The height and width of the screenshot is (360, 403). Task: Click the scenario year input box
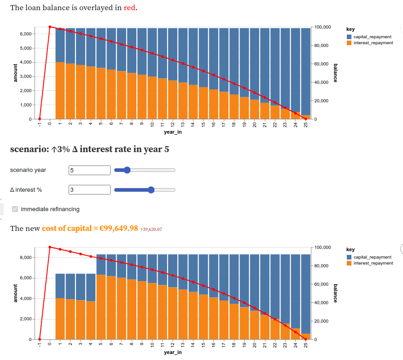tap(89, 170)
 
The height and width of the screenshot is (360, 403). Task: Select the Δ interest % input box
tap(89, 189)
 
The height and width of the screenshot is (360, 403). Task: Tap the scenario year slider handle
tap(128, 170)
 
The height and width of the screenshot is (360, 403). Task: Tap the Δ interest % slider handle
tap(151, 189)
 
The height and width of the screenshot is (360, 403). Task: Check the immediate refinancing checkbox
tap(15, 209)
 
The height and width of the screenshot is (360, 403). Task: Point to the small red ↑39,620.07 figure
tap(151, 229)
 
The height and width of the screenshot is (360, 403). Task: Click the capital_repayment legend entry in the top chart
tap(372, 36)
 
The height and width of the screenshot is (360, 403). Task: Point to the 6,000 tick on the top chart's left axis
tap(24, 34)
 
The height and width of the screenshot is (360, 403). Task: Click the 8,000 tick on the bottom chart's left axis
tap(24, 257)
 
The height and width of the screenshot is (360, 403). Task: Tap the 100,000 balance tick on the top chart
tap(321, 27)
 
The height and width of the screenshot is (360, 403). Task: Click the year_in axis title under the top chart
tap(173, 132)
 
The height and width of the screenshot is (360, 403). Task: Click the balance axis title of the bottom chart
tap(335, 293)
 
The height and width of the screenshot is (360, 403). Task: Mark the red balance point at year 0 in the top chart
tap(50, 27)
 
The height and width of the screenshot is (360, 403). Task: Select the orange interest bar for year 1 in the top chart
tap(60, 90)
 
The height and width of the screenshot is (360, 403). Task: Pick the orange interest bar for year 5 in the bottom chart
tap(101, 307)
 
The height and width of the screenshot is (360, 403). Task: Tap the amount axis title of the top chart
tap(15, 73)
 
